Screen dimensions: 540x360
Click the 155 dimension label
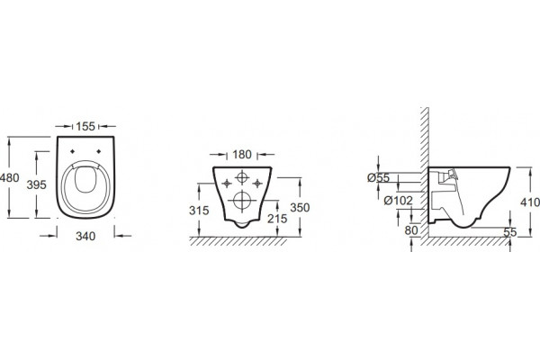pyautogui.click(x=85, y=126)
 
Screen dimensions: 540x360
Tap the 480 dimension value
pyautogui.click(x=10, y=178)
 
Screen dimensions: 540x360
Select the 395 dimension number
pyautogui.click(x=37, y=184)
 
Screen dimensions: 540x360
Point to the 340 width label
pyautogui.click(x=85, y=236)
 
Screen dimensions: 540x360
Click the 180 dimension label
pyautogui.click(x=242, y=154)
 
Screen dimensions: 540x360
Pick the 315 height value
pyautogui.click(x=199, y=210)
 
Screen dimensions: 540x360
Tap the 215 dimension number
pyautogui.click(x=277, y=219)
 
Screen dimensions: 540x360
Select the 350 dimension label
pyautogui.click(x=300, y=207)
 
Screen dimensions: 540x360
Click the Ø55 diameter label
pyautogui.click(x=378, y=178)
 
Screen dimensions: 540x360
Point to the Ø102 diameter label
pyautogui.click(x=398, y=200)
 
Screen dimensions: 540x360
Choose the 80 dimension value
pyautogui.click(x=411, y=230)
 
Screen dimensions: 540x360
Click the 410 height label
pyautogui.click(x=530, y=202)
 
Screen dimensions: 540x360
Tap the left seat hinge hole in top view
pyautogui.click(x=72, y=151)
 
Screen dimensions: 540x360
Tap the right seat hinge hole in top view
pyautogui.click(x=99, y=151)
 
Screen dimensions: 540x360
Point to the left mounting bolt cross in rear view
pyautogui.click(x=227, y=184)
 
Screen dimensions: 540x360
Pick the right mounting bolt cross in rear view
pyautogui.click(x=257, y=184)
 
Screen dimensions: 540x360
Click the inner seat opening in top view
pyautogui.click(x=85, y=179)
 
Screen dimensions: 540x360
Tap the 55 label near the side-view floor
pyautogui.click(x=510, y=232)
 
